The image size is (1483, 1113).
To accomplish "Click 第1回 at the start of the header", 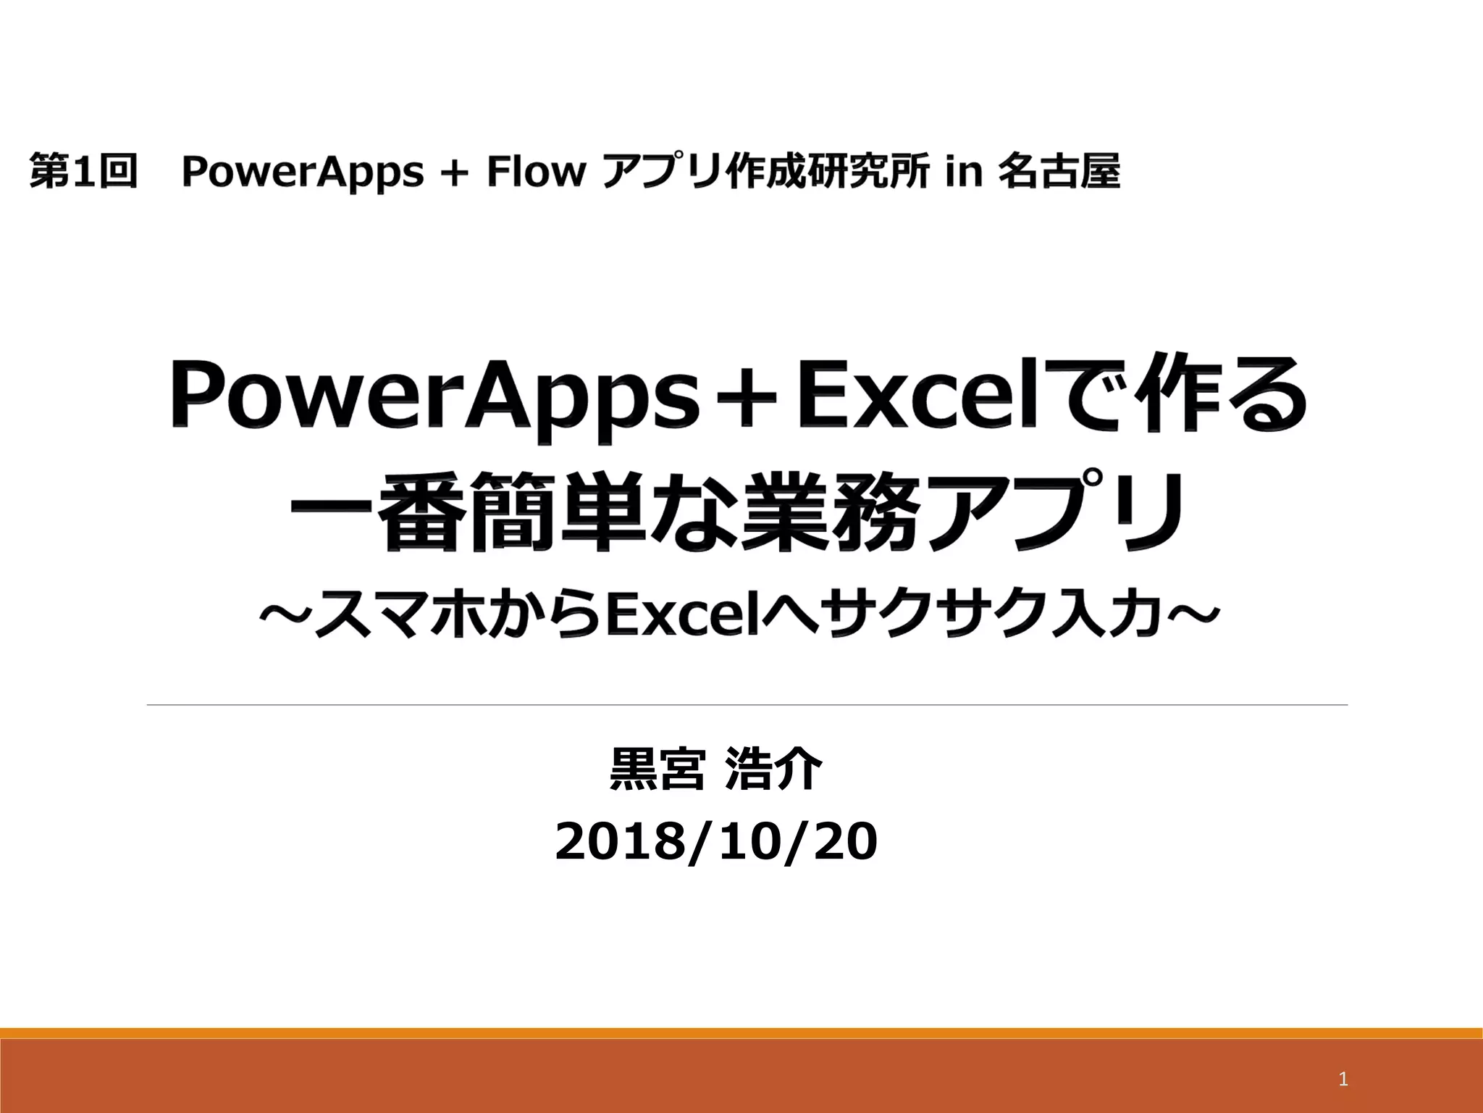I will pyautogui.click(x=83, y=172).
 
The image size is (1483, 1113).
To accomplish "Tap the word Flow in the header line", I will pyautogui.click(x=535, y=172).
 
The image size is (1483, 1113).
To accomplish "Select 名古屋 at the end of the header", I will pyautogui.click(x=1059, y=172).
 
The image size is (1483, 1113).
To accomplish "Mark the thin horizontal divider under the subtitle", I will pyautogui.click(x=747, y=704).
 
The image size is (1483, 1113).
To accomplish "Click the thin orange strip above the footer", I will pyautogui.click(x=741, y=1033).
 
